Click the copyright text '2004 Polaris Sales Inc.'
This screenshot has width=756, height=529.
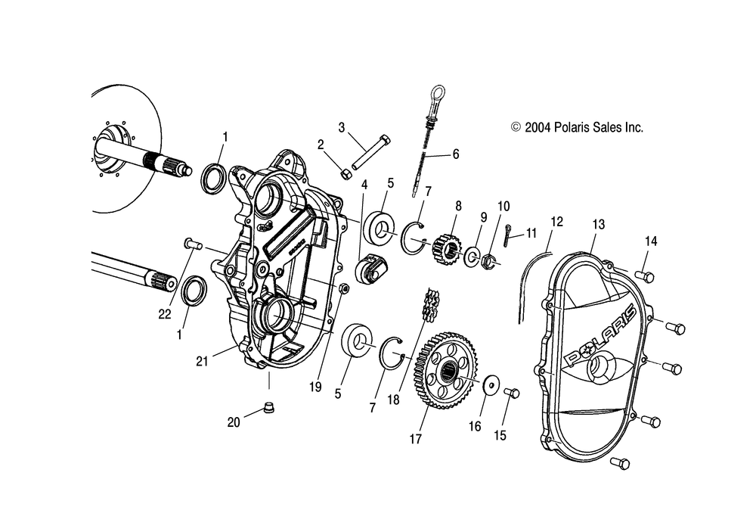578,128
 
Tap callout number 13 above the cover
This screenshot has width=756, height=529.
599,224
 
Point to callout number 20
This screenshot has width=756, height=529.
234,422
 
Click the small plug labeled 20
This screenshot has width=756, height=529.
268,409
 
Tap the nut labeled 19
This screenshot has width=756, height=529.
342,288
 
